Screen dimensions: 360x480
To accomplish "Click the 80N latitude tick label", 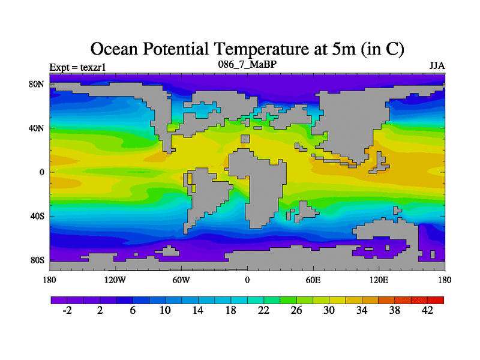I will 37,84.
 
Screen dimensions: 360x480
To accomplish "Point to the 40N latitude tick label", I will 37,128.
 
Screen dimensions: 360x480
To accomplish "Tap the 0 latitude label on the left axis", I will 42,172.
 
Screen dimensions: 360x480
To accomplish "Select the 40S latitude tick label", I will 37,216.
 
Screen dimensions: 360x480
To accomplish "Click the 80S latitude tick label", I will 37,260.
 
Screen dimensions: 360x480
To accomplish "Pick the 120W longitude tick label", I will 115,280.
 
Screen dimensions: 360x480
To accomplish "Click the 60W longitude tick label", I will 181,280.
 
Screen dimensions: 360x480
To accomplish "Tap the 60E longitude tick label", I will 313,280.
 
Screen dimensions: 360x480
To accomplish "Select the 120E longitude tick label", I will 379,280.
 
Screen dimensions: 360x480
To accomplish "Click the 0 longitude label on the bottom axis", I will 247,280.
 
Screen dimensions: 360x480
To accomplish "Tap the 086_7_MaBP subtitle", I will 247,64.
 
